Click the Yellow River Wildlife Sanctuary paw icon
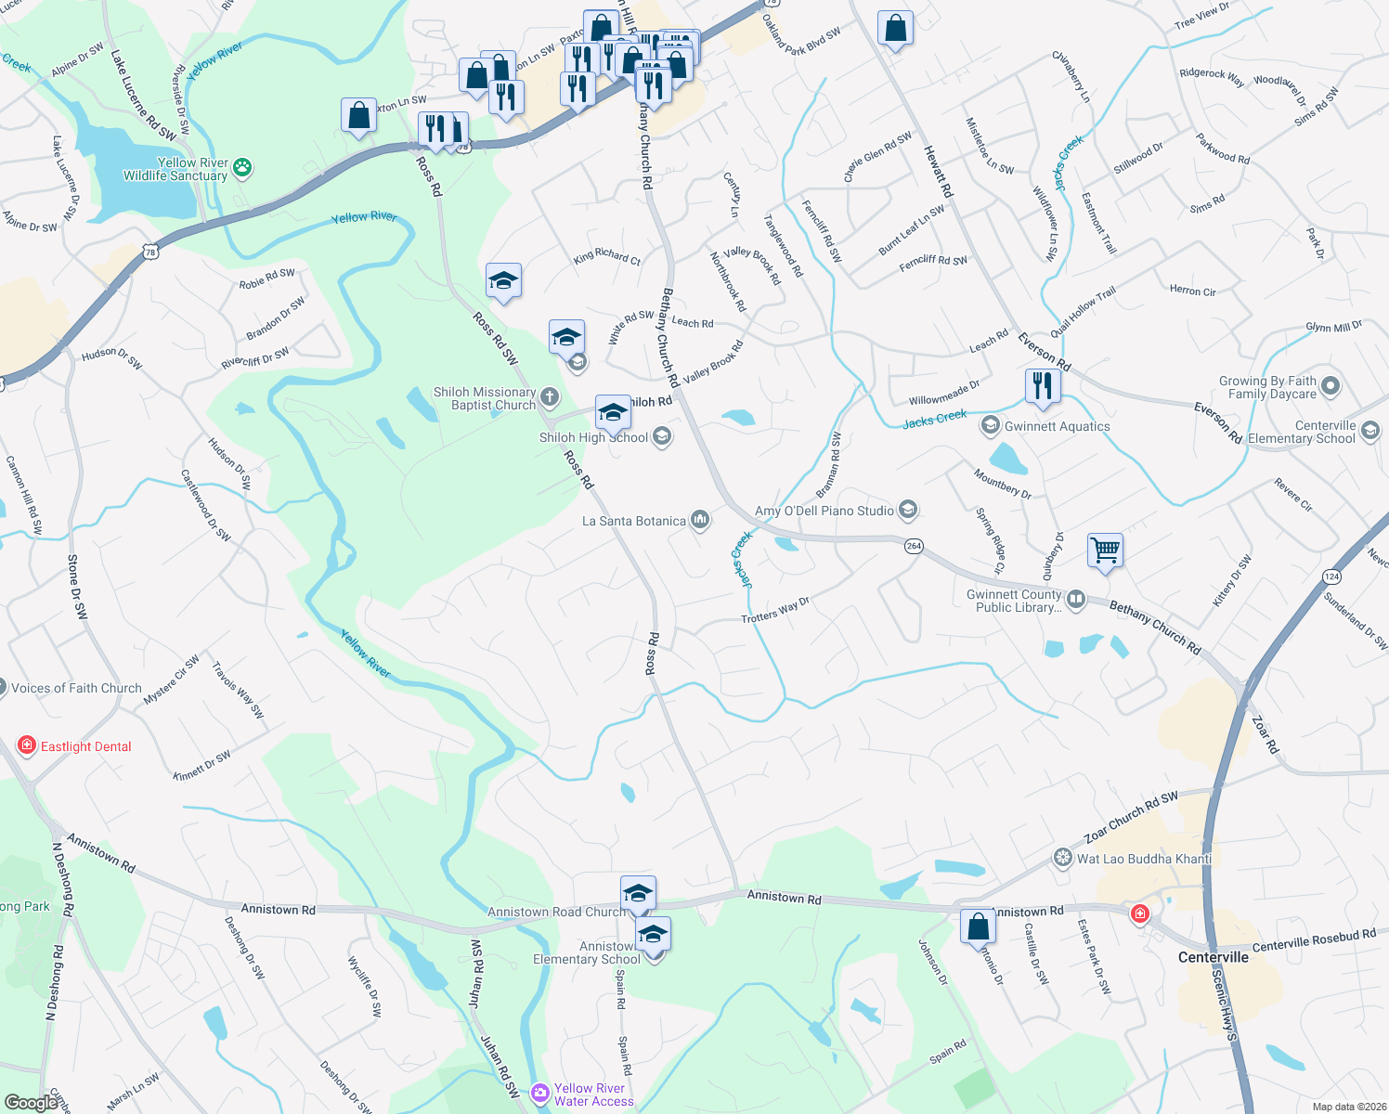(x=243, y=168)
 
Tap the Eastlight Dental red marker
(x=27, y=745)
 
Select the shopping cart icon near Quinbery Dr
(x=1105, y=550)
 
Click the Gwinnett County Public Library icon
(x=1076, y=600)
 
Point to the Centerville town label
(x=1213, y=957)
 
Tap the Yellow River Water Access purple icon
(x=540, y=1095)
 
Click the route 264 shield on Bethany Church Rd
(x=914, y=546)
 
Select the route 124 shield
(x=1332, y=576)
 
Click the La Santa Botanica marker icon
(x=700, y=521)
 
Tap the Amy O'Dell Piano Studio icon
(x=909, y=510)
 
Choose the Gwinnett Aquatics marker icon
(x=991, y=426)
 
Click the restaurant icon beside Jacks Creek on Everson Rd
(x=1043, y=385)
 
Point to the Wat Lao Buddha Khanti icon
(x=1063, y=859)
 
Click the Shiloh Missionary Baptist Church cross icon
(x=550, y=398)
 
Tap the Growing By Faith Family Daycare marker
(x=1331, y=385)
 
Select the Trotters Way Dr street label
(x=775, y=610)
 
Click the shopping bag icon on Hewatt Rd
(x=895, y=29)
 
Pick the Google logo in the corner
(x=31, y=1102)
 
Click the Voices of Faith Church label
(x=76, y=688)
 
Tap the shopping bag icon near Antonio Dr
(x=978, y=926)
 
